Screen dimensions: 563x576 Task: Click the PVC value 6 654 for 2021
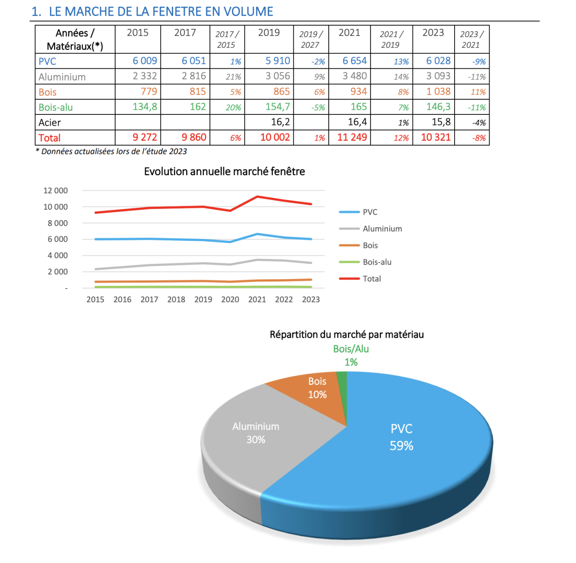pyautogui.click(x=354, y=61)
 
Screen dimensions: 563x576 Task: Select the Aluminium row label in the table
pyautogui.click(x=62, y=77)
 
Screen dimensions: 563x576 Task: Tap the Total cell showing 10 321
pyautogui.click(x=436, y=137)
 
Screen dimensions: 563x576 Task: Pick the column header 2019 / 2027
pyautogui.click(x=311, y=39)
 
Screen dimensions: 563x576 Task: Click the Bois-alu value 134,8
pyautogui.click(x=144, y=107)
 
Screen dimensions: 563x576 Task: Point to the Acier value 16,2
pyautogui.click(x=280, y=122)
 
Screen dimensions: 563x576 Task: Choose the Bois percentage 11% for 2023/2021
pyautogui.click(x=478, y=92)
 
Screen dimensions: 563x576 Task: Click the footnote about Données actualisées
pyautogui.click(x=111, y=152)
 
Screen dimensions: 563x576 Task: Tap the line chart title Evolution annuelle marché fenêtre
pyautogui.click(x=224, y=172)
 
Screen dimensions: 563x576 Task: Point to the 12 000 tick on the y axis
pyautogui.click(x=55, y=191)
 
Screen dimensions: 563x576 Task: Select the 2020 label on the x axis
pyautogui.click(x=230, y=300)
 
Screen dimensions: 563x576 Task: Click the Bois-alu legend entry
pyautogui.click(x=377, y=262)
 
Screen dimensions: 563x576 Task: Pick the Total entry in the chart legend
pyautogui.click(x=371, y=279)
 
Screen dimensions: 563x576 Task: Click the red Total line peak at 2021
pyautogui.click(x=257, y=197)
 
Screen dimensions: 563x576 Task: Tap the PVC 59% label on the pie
pyautogui.click(x=401, y=437)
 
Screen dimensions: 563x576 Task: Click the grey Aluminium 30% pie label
pyautogui.click(x=256, y=433)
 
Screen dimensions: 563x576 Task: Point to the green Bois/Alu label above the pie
pyautogui.click(x=351, y=349)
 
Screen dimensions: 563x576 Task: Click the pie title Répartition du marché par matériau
pyautogui.click(x=346, y=335)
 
